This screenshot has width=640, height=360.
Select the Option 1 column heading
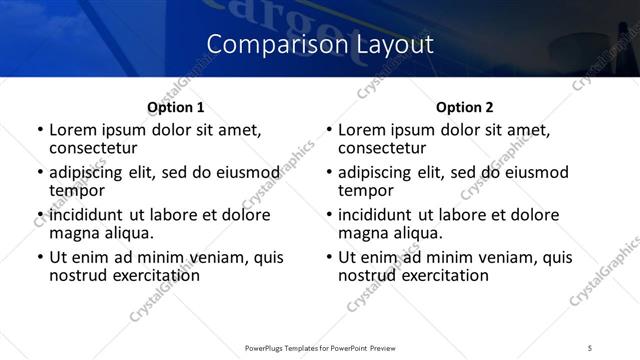pyautogui.click(x=176, y=107)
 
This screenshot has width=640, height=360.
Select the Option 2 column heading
pyautogui.click(x=465, y=107)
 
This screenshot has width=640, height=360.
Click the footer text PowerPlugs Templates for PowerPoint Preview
pyautogui.click(x=319, y=347)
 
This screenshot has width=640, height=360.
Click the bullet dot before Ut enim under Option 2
pyautogui.click(x=329, y=257)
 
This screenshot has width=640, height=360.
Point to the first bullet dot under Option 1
pyautogui.click(x=40, y=130)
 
